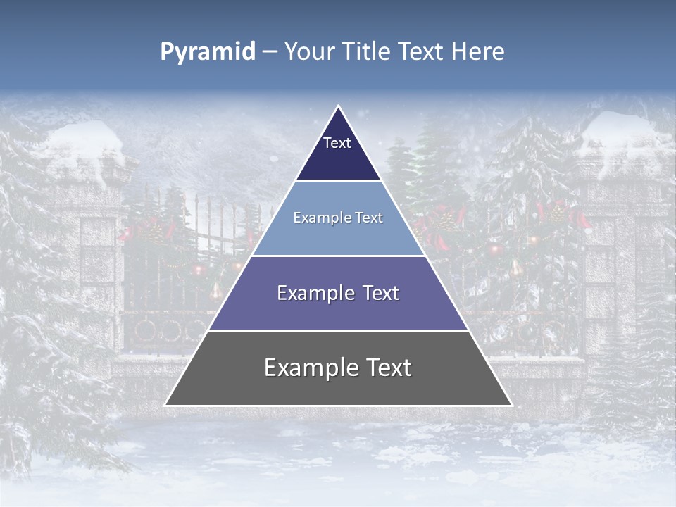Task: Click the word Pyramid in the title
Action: (207, 52)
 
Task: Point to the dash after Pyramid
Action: (269, 52)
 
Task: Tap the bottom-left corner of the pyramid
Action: (166, 405)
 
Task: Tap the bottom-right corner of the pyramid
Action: (511, 405)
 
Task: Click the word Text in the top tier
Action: (337, 143)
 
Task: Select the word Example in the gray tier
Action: (306, 368)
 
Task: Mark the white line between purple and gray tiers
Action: (338, 330)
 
